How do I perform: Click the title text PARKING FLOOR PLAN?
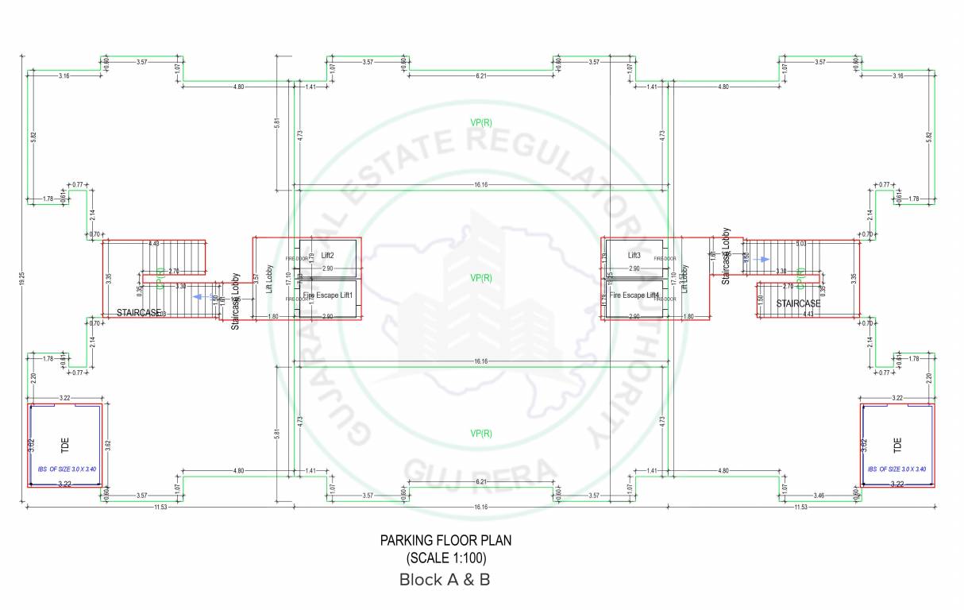tap(445, 540)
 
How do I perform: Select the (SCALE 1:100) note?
tap(445, 558)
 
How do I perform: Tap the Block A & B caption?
tap(445, 580)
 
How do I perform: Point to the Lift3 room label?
tap(634, 256)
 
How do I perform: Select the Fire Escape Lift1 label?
tap(327, 295)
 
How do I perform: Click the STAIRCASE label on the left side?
tap(139, 313)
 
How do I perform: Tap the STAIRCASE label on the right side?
tap(798, 303)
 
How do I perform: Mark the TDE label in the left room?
tap(65, 445)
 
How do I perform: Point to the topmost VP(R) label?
tap(481, 122)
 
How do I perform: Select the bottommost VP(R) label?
tap(481, 434)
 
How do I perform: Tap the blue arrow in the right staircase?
tap(763, 260)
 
